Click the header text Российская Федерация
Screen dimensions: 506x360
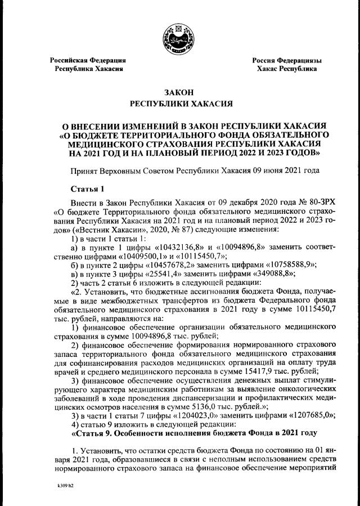pos(88,60)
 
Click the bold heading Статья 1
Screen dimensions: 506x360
pos(88,187)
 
